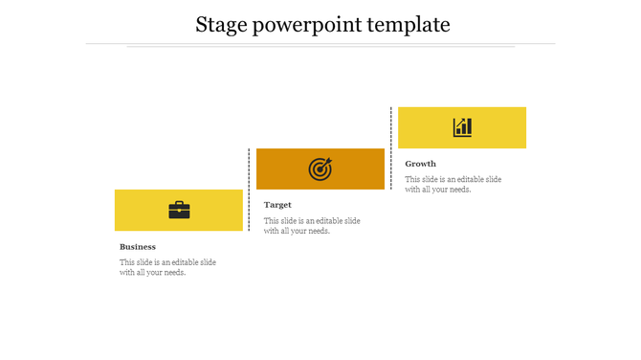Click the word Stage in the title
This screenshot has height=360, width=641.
[220, 25]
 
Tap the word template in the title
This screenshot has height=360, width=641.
[412, 26]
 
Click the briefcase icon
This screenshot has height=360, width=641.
[179, 210]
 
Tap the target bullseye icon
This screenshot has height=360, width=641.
[320, 169]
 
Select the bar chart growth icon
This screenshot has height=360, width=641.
[462, 127]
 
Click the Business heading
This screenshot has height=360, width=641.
[138, 247]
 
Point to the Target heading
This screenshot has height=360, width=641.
[277, 205]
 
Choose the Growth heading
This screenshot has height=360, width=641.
[420, 164]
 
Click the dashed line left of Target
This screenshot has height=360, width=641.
[250, 189]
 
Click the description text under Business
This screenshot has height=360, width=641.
[167, 267]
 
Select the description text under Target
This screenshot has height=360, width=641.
[312, 226]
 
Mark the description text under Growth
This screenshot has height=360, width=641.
[453, 185]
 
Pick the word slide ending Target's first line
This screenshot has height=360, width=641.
[351, 221]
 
